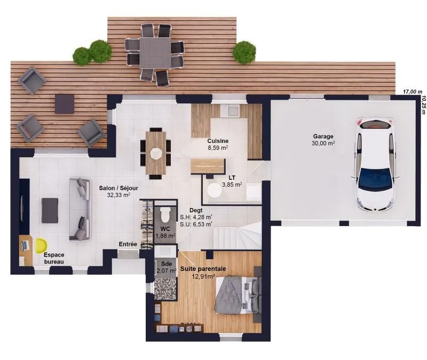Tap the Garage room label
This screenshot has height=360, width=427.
click(323, 137)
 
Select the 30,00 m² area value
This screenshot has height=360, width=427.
click(323, 143)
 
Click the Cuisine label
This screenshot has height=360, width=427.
click(218, 141)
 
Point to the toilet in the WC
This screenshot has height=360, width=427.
click(165, 214)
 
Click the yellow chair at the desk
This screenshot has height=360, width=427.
click(41, 245)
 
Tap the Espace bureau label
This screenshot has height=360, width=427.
click(54, 258)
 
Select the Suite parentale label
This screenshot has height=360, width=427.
click(203, 269)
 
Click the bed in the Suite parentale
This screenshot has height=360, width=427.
click(238, 295)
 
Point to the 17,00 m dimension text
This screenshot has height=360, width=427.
click(413, 92)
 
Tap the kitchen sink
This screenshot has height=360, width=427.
click(230, 110)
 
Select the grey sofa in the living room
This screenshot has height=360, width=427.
click(80, 209)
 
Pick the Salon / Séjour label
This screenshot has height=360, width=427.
click(118, 188)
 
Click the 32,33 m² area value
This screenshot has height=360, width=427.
click(118, 195)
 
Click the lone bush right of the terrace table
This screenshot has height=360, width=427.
click(244, 52)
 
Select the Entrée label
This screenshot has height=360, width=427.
click(128, 244)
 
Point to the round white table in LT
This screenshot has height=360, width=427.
click(215, 190)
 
